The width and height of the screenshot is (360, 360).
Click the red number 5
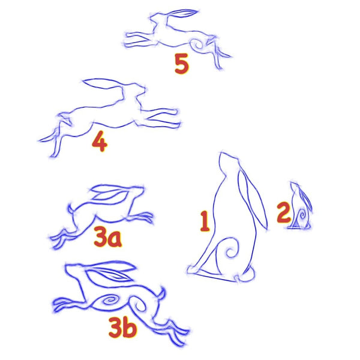point(182,64)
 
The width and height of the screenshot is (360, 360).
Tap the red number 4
point(100,141)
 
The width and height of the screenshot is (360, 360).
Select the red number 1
point(205,221)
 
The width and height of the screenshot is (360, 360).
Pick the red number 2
point(284,212)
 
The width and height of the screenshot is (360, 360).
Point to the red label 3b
point(122,327)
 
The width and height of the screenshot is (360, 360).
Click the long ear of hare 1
point(253,197)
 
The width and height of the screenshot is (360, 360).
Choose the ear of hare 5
point(182,13)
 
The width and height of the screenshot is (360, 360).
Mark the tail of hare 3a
point(71,208)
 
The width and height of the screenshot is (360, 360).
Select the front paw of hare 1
point(193,269)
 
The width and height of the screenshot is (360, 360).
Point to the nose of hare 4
point(144,88)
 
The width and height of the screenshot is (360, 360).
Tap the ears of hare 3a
point(110,193)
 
